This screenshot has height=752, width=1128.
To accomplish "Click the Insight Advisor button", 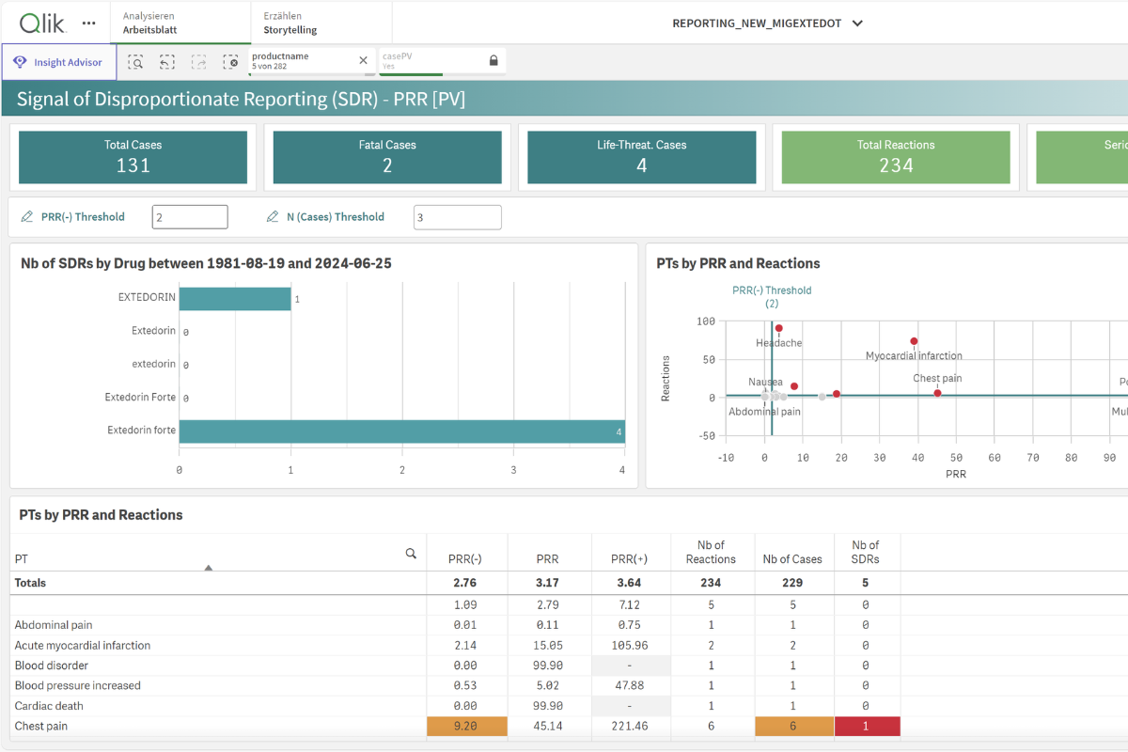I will (59, 62).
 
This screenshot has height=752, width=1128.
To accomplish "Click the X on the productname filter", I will (364, 61).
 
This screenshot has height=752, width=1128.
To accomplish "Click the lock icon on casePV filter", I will (493, 61).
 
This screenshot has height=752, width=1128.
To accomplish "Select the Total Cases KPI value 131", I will (133, 165).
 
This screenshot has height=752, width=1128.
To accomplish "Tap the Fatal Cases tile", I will (387, 157).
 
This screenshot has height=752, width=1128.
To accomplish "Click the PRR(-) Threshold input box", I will (190, 217).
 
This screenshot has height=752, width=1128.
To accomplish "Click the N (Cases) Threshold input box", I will (457, 217).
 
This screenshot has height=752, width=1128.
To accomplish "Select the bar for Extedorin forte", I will (401, 431).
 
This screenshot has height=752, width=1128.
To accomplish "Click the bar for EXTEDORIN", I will (235, 298).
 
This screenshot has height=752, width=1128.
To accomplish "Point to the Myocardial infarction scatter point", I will (914, 341).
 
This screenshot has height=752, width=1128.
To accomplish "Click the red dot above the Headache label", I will (778, 328).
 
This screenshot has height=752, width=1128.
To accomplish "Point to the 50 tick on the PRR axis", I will (956, 458).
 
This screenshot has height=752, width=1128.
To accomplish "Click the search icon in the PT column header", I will (411, 554).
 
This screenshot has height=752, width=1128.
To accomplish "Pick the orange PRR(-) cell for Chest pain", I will (467, 727).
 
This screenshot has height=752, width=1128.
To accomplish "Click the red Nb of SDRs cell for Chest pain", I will (867, 727).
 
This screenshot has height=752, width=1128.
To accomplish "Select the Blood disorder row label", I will (51, 666).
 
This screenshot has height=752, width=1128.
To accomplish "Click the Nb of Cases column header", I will (792, 559).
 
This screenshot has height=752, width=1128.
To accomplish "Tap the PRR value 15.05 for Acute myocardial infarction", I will (548, 646).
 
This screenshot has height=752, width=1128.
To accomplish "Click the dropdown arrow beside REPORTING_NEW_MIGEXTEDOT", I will (857, 23).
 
